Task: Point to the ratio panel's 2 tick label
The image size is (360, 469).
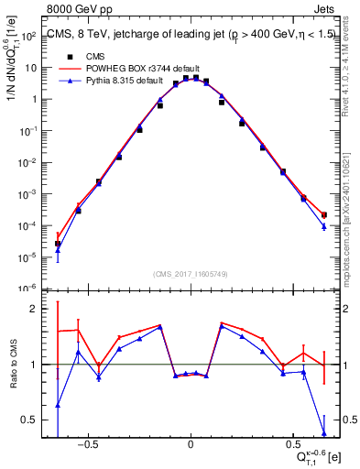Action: point(32,309)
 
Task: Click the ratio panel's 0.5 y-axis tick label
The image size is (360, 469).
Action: point(28,420)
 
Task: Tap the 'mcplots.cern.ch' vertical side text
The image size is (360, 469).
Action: point(353,229)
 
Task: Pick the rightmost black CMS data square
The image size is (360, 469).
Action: point(324,215)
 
